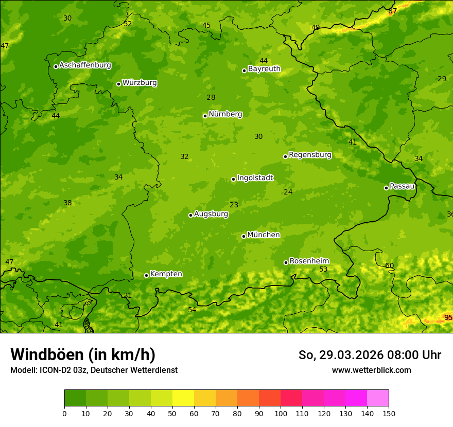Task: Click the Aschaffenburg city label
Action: pos(85,65)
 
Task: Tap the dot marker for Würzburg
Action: pos(118,84)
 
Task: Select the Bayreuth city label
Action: pos(264,68)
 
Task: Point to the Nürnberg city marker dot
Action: pos(205,116)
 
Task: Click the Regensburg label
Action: pos(310,155)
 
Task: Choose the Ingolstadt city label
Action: pos(255,178)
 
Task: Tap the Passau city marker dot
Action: pos(386,188)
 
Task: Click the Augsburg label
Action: pos(211,214)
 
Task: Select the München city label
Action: pos(264,235)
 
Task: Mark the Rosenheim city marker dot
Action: pos(286,262)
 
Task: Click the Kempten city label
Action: pos(166,274)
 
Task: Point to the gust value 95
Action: pos(448,317)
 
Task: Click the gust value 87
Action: pos(393,11)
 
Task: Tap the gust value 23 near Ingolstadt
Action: pos(234,205)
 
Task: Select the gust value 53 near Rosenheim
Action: pos(323,269)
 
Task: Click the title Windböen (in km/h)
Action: pos(83,354)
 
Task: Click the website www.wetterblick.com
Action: pos(371,370)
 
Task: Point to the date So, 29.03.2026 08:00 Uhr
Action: pos(370,355)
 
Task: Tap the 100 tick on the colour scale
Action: pos(281,413)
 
